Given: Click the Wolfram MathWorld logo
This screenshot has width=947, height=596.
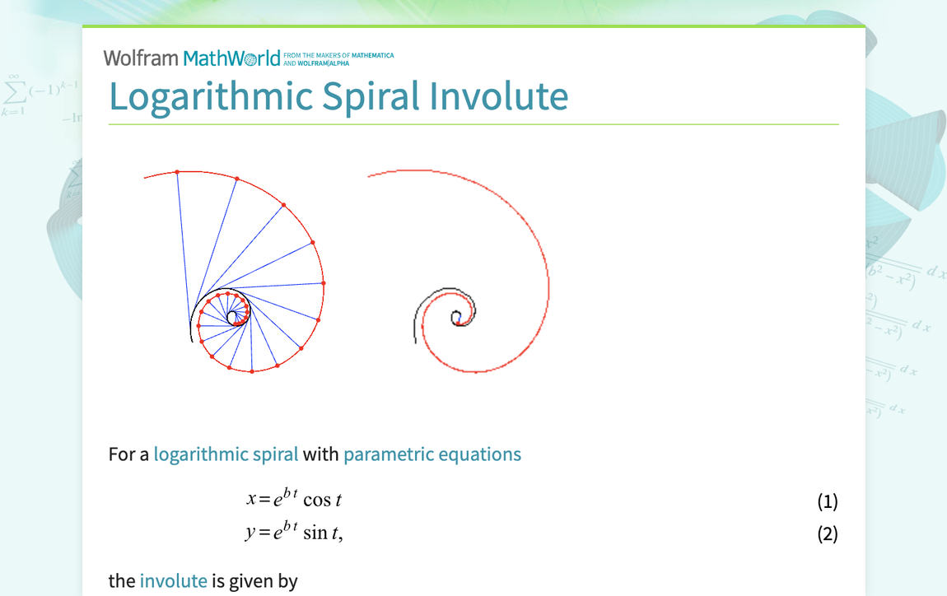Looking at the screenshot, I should [192, 58].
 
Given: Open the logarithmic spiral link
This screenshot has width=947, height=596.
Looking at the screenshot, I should [226, 454].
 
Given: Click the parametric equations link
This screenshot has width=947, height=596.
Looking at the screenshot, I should [432, 454].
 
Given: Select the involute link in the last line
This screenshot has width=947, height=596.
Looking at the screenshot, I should [173, 581].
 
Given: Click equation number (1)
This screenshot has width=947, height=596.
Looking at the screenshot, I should [827, 501].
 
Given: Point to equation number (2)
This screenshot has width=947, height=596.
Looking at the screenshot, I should [827, 533].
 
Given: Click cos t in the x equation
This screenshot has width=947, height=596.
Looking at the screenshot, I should [322, 501].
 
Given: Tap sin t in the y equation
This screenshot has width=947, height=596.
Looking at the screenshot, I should [321, 533].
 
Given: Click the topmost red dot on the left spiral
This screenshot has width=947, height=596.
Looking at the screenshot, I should [176, 171].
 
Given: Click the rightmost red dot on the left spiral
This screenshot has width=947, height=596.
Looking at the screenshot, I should [324, 283].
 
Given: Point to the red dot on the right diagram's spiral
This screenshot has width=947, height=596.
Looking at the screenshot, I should [423, 327].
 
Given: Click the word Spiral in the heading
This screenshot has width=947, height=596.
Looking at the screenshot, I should [373, 97].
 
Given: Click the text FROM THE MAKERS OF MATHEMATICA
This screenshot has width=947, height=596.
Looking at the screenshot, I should [338, 55].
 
